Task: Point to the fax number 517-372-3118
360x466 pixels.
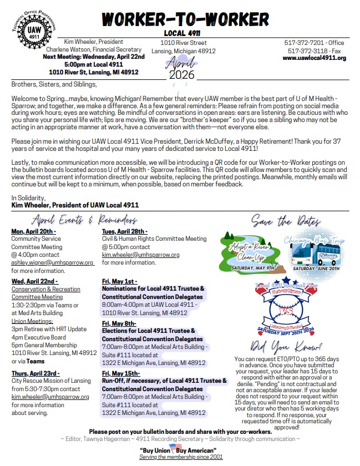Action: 310,50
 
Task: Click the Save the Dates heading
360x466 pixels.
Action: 286,222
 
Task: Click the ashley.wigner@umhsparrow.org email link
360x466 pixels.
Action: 53,262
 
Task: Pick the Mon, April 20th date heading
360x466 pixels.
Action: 33,231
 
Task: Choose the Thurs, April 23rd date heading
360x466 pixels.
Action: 36,373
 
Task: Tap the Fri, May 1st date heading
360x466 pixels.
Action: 120,281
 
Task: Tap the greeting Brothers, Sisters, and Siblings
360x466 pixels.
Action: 54,84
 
